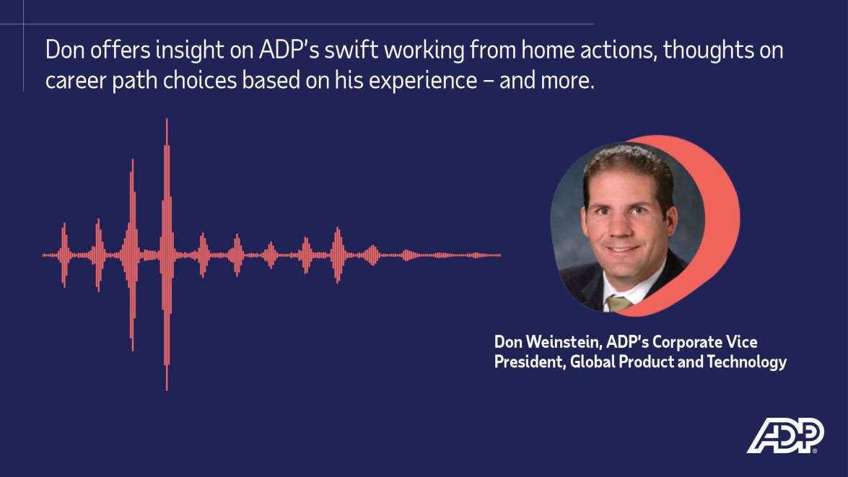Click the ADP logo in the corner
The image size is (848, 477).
785,435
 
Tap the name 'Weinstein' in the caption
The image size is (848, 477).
560,342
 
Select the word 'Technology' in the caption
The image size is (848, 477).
747,362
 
